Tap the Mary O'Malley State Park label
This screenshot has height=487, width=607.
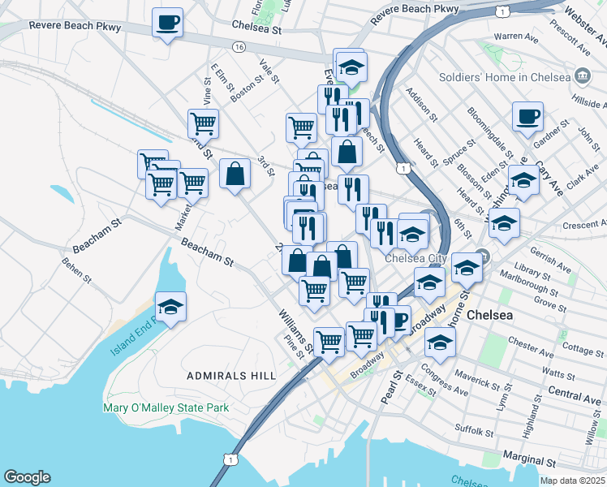pyautogui.click(x=166, y=408)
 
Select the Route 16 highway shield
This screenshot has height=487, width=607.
pyautogui.click(x=239, y=48)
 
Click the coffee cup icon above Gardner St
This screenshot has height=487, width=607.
pyautogui.click(x=527, y=117)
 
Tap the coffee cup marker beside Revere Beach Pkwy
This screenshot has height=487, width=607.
pyautogui.click(x=167, y=23)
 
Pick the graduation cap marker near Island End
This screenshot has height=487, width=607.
pyautogui.click(x=170, y=307)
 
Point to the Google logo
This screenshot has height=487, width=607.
pyautogui.click(x=26, y=476)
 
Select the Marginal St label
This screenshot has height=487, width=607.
pyautogui.click(x=529, y=460)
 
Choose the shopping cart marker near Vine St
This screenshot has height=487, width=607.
pyautogui.click(x=203, y=124)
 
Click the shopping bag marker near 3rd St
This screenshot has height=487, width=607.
pyautogui.click(x=235, y=174)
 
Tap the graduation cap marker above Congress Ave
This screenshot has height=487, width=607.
pyautogui.click(x=440, y=343)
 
